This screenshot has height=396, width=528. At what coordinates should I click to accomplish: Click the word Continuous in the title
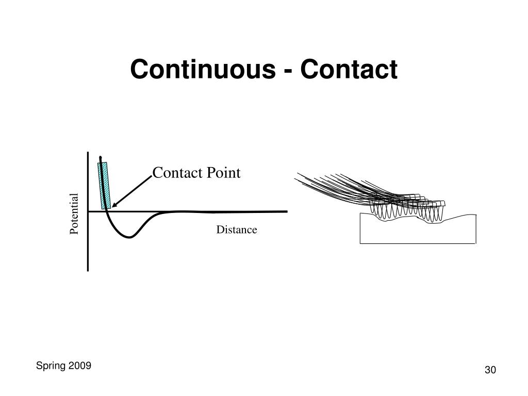pos(202,70)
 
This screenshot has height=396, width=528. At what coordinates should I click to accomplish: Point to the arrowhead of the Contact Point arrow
pos(113,206)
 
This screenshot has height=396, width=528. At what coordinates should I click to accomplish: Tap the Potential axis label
pos(75,213)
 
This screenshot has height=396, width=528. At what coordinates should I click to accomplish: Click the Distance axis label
pos(236,230)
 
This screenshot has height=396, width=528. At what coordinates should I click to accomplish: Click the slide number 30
pos(490,370)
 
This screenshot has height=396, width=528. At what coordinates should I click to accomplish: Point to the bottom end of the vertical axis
pos(88,269)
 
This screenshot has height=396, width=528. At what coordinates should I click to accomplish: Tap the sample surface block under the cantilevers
pos(417,232)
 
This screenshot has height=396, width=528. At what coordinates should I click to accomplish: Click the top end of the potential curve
pos(101,156)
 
